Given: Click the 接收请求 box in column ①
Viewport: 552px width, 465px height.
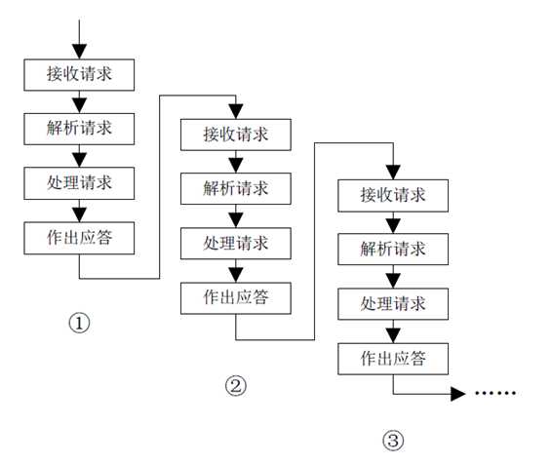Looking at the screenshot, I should [x=78, y=74].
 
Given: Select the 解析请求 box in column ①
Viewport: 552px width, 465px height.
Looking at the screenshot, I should [x=78, y=128].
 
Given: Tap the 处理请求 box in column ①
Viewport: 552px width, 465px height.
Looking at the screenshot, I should [x=78, y=182].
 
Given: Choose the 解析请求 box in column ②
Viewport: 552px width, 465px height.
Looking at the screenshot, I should [x=236, y=187].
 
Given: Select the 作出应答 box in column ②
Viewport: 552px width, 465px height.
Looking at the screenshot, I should [x=236, y=295].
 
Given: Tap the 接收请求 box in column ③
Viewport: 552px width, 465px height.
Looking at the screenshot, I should [x=393, y=195].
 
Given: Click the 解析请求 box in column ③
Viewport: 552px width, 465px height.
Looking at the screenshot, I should [x=393, y=250].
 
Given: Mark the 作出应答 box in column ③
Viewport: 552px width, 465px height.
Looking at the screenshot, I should [x=393, y=358].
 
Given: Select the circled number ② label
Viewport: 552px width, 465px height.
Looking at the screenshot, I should [x=235, y=386].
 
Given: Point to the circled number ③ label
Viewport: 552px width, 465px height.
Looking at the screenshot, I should [x=392, y=441].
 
